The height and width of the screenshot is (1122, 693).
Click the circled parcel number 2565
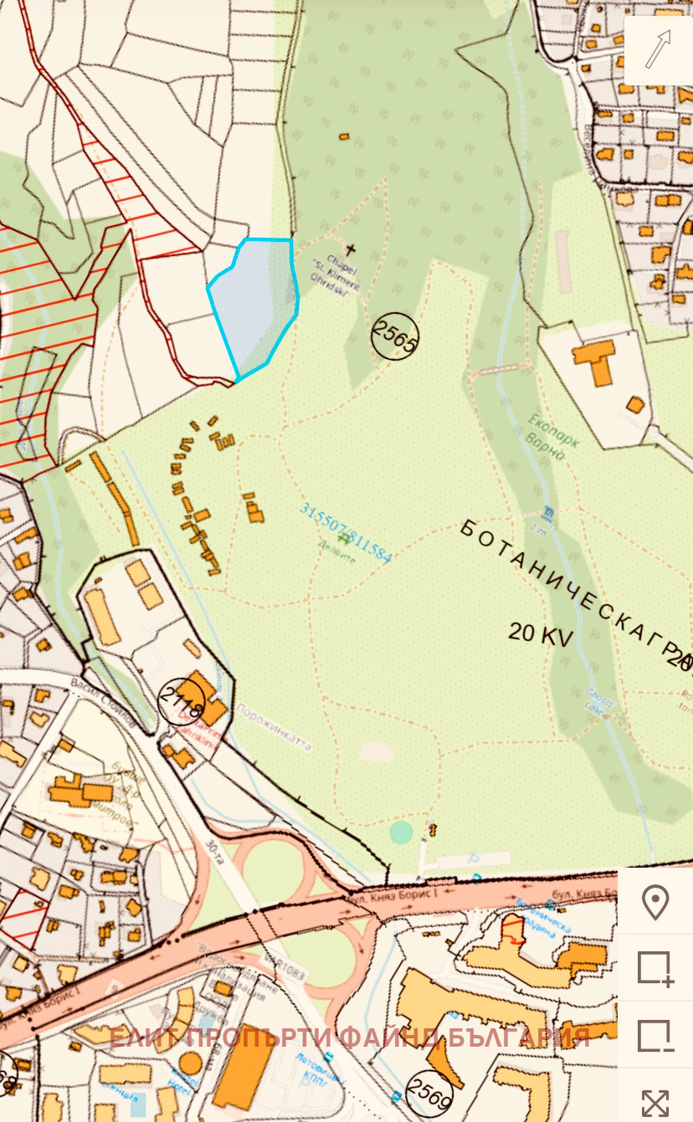(x=394, y=336)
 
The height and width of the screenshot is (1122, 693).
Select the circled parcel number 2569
(x=429, y=1092)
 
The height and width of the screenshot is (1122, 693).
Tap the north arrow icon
(x=658, y=49)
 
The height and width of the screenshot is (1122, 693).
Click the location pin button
(x=654, y=903)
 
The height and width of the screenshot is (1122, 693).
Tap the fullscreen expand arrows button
(x=654, y=1101)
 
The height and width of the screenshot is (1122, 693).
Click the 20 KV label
(x=541, y=633)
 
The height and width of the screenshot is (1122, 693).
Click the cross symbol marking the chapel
(x=351, y=248)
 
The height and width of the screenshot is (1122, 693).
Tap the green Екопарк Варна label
(x=553, y=430)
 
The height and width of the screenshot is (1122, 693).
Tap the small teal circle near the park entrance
(x=401, y=832)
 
